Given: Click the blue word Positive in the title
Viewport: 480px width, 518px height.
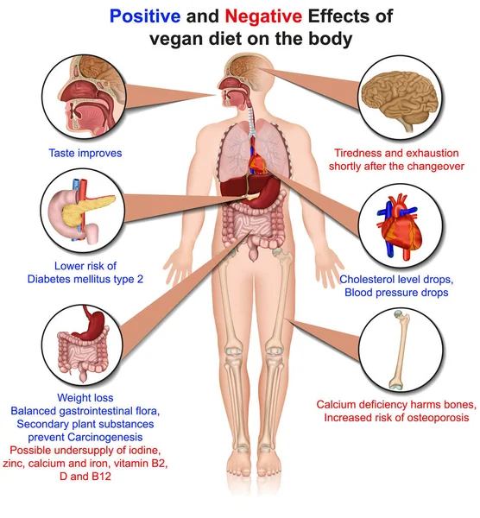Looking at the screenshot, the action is pyautogui.click(x=145, y=16).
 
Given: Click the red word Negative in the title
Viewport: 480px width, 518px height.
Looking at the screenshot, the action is pyautogui.click(x=263, y=16).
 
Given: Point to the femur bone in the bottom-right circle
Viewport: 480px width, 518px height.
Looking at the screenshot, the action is pyautogui.click(x=400, y=349).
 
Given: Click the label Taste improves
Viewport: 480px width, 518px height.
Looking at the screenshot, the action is pyautogui.click(x=85, y=154).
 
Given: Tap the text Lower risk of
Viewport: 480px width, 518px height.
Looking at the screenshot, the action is pyautogui.click(x=85, y=266).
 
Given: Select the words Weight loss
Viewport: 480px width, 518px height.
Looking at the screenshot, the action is pyautogui.click(x=85, y=398).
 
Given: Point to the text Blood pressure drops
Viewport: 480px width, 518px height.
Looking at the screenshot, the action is pyautogui.click(x=396, y=293).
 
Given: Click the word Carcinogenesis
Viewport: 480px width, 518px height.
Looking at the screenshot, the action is pyautogui.click(x=105, y=438).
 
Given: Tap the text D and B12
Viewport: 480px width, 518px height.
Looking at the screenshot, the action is pyautogui.click(x=85, y=477).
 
